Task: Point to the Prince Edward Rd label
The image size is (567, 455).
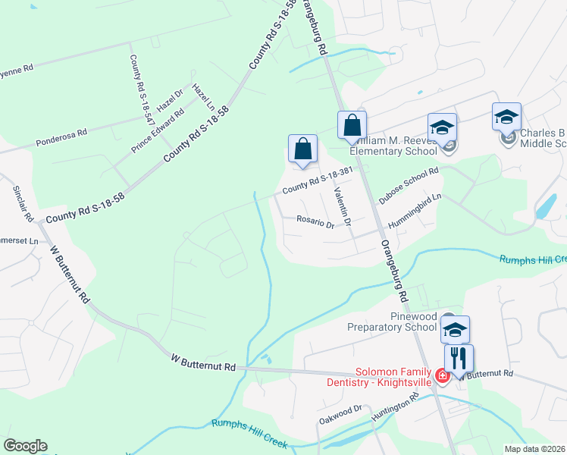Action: point(158,130)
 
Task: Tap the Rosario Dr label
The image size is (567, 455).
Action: point(315,223)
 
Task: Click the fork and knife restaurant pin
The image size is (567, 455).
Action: point(458,357)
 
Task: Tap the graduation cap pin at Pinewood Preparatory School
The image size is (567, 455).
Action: point(455,328)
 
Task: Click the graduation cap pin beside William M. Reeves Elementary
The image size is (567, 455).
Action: point(442,126)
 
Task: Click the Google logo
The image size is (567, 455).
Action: point(25,446)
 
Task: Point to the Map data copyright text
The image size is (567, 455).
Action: point(534,449)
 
